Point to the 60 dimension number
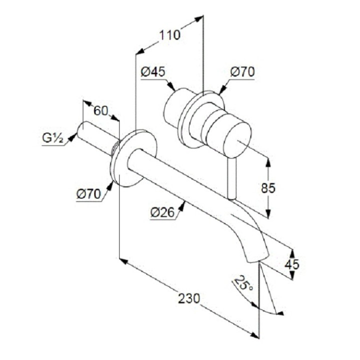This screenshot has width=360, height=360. click(x=101, y=110)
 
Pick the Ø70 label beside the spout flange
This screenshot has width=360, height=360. click(x=89, y=193)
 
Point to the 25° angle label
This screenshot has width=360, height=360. click(x=243, y=285)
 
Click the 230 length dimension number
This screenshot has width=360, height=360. click(x=189, y=299)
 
